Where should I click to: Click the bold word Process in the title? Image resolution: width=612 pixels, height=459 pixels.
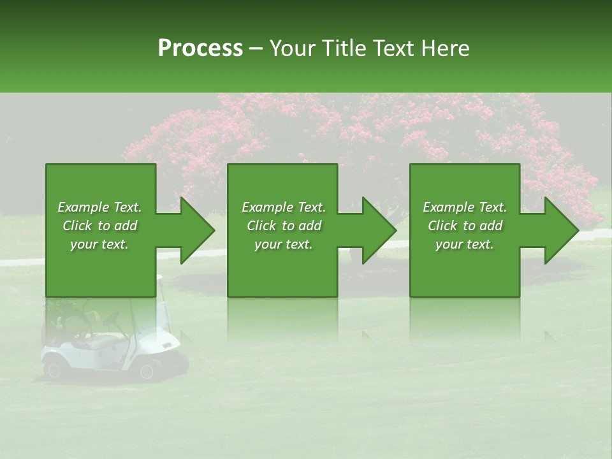coord(200,48)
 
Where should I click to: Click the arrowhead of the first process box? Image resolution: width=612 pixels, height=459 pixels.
coord(198,230)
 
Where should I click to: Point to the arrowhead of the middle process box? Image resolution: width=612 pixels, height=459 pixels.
coord(380,230)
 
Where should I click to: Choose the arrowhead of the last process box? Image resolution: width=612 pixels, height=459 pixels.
coord(562,230)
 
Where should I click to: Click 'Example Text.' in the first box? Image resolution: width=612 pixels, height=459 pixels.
coord(99,207)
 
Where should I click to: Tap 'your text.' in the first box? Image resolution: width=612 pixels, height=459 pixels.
coord(99,244)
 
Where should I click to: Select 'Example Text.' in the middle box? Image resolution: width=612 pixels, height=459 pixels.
coord(284,207)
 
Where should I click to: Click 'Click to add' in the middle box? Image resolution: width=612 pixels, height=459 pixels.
coord(284,226)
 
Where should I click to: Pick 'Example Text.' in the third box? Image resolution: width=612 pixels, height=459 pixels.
coord(465,207)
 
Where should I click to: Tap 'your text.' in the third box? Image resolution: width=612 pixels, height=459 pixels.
coord(465,244)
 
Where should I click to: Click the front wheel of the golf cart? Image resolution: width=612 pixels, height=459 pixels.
coord(149,370)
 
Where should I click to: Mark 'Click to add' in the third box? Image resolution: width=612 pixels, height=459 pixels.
coord(465,226)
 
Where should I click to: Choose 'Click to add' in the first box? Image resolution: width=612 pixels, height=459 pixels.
coord(99,226)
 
